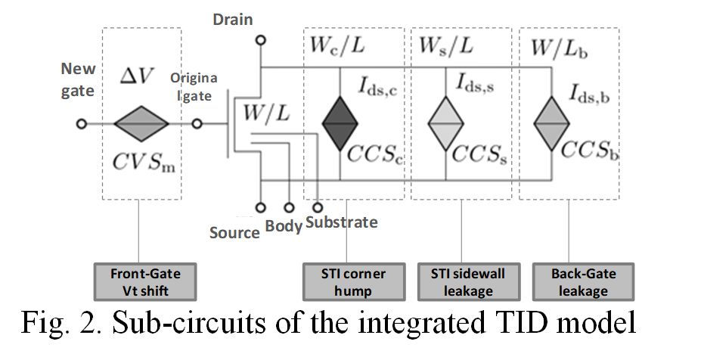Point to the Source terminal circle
coord(262,206)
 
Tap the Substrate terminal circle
coord(318,206)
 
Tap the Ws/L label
coord(445,46)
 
